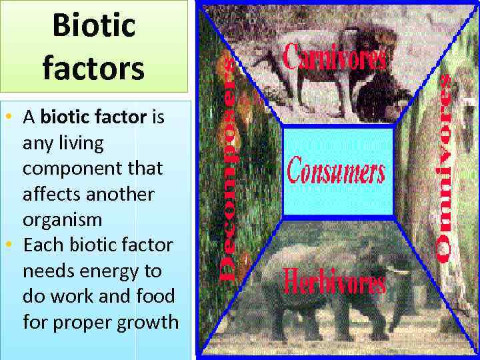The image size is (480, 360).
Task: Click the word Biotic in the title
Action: pos(93,26)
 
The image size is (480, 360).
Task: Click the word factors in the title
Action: pos(93,68)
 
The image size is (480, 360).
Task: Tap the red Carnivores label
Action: pos(335,58)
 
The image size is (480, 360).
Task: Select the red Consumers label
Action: pos(336,171)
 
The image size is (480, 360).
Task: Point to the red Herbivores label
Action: pos(335,281)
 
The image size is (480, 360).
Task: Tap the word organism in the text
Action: pos(62,220)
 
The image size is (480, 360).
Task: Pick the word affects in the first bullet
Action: pos(49,194)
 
